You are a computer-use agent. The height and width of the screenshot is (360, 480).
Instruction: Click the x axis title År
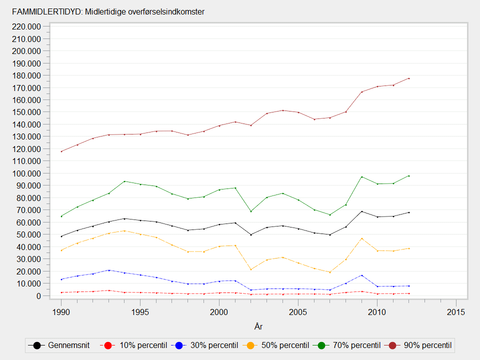click(258, 326)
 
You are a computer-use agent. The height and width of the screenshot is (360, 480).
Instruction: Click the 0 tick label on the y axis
click(38, 296)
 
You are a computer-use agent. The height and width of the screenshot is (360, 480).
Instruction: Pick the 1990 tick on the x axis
click(61, 312)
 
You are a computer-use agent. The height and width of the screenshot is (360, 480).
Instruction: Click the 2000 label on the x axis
click(219, 312)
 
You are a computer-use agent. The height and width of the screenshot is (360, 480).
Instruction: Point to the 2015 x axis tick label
click(456, 312)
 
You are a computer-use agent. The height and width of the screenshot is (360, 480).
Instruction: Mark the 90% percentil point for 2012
click(409, 78)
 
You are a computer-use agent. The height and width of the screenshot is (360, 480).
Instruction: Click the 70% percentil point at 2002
click(251, 211)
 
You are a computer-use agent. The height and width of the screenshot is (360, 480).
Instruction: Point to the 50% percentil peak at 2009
click(361, 238)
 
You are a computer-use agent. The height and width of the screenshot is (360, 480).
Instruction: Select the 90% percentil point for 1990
click(61, 151)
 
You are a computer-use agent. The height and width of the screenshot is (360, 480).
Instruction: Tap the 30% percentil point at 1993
click(108, 270)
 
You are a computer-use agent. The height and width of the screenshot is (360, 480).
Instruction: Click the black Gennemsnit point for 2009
click(361, 211)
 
